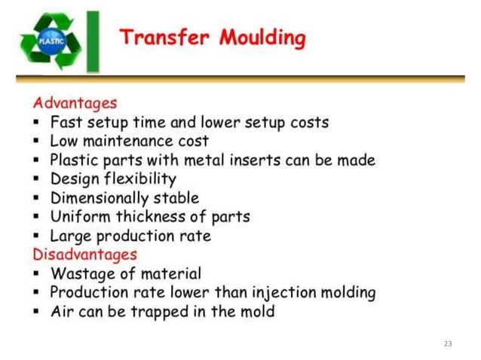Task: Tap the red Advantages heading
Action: [x=75, y=102]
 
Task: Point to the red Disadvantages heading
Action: [x=84, y=255]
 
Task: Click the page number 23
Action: [x=448, y=343]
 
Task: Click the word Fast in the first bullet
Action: [x=66, y=121]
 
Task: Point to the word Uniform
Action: [x=76, y=217]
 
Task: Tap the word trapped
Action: [x=165, y=312]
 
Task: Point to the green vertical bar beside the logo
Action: [x=93, y=41]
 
